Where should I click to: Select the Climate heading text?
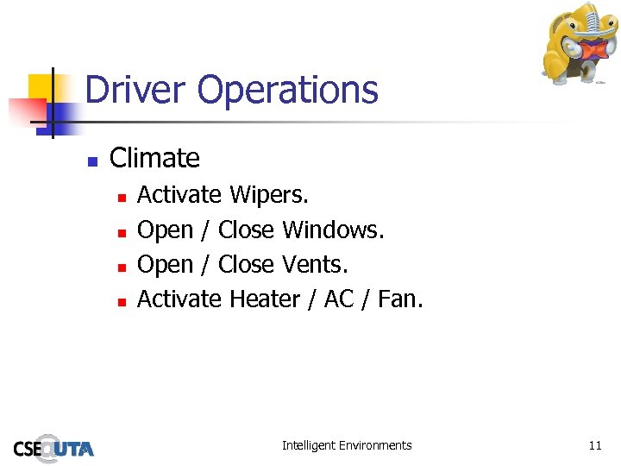(x=154, y=158)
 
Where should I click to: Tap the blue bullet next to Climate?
(x=92, y=161)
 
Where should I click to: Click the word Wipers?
(x=268, y=196)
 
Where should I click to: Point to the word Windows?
(x=333, y=230)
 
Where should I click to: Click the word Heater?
(x=264, y=299)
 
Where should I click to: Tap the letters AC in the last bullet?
(x=338, y=299)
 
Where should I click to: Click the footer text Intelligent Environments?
(x=347, y=445)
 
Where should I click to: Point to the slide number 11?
(x=594, y=445)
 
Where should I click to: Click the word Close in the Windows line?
(x=246, y=230)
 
